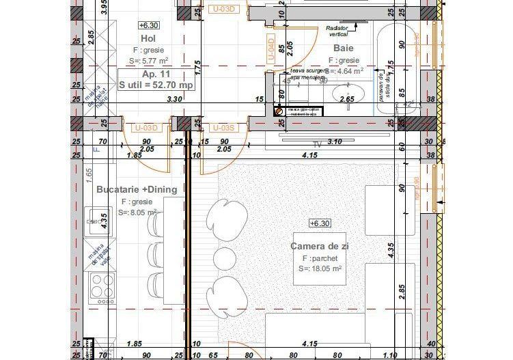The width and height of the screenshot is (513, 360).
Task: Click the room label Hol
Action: pyautogui.click(x=148, y=39)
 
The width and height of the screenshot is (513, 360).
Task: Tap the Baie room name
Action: pyautogui.click(x=344, y=48)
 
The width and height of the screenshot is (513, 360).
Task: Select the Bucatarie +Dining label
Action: pyautogui.click(x=137, y=189)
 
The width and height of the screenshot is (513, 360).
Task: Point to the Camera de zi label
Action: pyautogui.click(x=320, y=246)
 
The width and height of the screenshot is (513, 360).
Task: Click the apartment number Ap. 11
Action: pyautogui.click(x=156, y=73)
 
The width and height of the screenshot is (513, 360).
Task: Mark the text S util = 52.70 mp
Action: pyautogui.click(x=156, y=85)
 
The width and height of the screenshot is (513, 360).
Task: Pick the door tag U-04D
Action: pyautogui.click(x=271, y=48)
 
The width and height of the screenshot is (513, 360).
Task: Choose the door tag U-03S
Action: pyautogui.click(x=223, y=128)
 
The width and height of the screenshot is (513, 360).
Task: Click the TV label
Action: pyautogui.click(x=316, y=145)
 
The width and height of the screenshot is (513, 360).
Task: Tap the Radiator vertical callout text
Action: pyautogui.click(x=333, y=30)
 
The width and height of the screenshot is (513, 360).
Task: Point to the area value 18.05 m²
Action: pyautogui.click(x=320, y=269)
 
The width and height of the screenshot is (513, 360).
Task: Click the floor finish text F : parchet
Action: pyautogui.click(x=320, y=258)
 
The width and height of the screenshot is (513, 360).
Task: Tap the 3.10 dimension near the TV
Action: pyautogui.click(x=334, y=141)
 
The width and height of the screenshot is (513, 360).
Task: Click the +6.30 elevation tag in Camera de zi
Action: pyautogui.click(x=320, y=223)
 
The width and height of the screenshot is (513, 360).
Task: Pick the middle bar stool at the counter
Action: pyautogui.click(x=224, y=258)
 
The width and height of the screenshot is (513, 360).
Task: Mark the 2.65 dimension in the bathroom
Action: pyautogui.click(x=347, y=100)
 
